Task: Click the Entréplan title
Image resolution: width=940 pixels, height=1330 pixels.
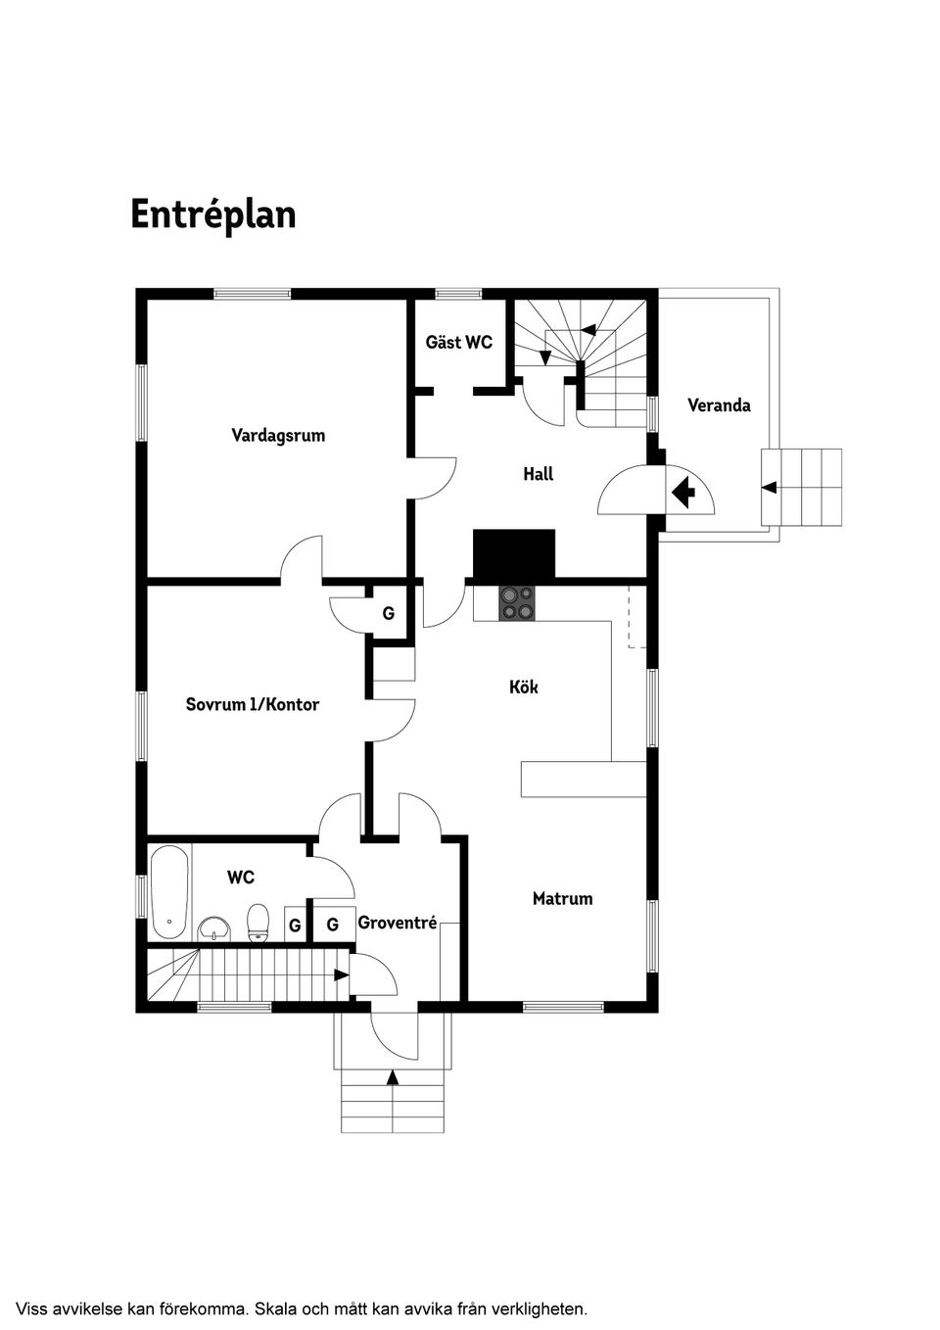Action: point(213,215)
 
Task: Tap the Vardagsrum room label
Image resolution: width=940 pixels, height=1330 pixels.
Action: point(278,435)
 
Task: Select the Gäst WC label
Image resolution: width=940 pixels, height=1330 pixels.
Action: point(459,343)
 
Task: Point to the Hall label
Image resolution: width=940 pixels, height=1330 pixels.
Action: point(539,474)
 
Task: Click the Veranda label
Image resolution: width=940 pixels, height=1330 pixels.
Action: point(720,405)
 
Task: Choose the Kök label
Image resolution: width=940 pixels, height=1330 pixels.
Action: point(524,687)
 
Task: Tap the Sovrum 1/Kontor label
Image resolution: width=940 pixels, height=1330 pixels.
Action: point(253,705)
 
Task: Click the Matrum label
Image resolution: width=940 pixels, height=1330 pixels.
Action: point(563,899)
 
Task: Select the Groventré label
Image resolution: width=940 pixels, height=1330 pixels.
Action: point(398,923)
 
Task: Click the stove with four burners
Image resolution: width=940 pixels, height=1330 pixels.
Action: point(517,604)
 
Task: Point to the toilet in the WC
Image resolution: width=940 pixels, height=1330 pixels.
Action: point(258,923)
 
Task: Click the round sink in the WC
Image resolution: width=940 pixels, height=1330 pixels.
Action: point(214,929)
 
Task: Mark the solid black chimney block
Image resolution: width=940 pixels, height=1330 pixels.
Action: point(514,554)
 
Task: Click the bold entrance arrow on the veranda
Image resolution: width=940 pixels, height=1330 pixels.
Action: point(683,492)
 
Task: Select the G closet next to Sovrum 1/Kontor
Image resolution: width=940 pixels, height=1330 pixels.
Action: point(389,613)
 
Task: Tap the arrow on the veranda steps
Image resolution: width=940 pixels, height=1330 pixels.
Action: point(770,488)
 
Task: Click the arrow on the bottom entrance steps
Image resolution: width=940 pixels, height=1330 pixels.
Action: point(393,1077)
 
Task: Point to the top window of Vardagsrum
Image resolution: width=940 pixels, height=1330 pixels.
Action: point(253,293)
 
